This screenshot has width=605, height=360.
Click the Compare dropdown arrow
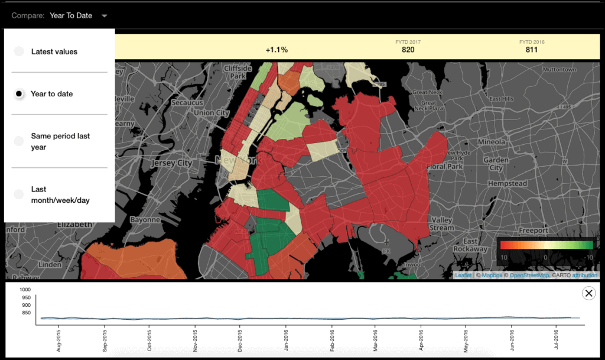(105, 16)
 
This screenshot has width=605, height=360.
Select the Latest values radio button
(19, 51)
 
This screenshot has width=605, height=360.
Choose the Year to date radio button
(19, 93)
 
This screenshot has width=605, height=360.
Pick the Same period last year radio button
(19, 141)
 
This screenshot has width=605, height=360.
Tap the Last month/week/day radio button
(19, 194)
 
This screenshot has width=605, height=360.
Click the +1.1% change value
(277, 50)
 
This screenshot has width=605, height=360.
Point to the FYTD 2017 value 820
(408, 50)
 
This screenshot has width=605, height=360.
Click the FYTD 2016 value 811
(532, 50)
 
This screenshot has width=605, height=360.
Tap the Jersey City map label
(172, 163)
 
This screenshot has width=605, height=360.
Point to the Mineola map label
(492, 142)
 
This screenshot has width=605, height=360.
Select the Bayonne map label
(145, 219)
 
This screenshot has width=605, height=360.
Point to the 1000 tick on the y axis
(25, 290)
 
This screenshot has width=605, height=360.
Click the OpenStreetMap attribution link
(529, 275)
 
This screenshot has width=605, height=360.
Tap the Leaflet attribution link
(463, 275)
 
